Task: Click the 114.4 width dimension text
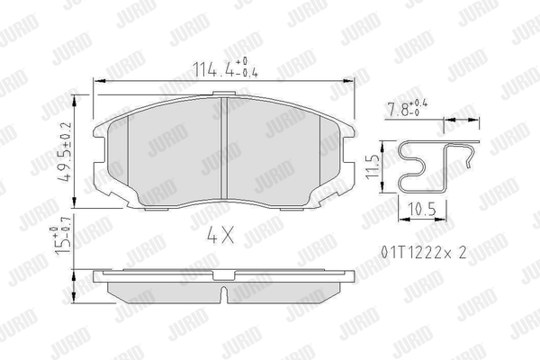[225, 67]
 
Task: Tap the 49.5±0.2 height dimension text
[65, 151]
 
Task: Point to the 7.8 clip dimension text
[408, 108]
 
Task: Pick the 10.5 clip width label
[422, 210]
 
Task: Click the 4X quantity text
[220, 235]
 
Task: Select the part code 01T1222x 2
[424, 253]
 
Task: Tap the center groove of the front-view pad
[224, 148]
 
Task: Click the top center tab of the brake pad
[224, 94]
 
